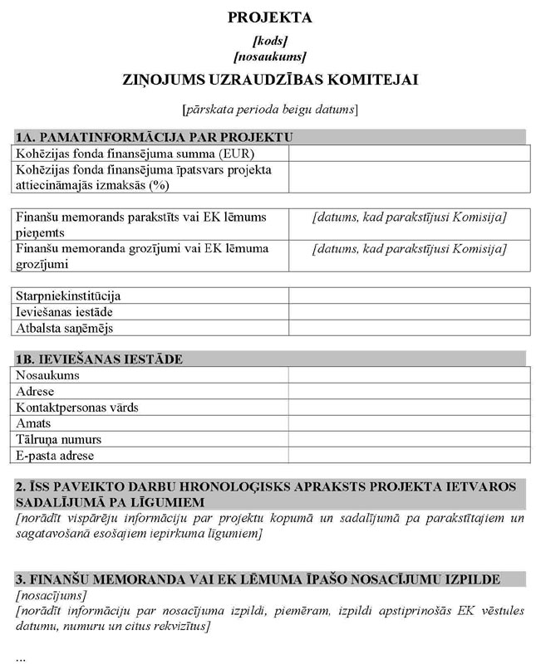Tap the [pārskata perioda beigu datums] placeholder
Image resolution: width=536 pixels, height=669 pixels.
pos(269,109)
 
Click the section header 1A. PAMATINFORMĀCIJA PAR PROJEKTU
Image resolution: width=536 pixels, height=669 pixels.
pos(155,137)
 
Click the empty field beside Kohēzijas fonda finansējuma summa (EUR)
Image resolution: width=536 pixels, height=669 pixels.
pos(409,154)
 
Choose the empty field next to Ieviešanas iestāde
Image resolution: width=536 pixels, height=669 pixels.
pos(409,312)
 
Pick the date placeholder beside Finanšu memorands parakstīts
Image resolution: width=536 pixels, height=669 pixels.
pos(409,217)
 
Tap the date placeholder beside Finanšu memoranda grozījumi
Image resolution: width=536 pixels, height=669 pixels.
pos(409,249)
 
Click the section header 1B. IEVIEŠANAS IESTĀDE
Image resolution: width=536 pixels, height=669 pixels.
pos(99,359)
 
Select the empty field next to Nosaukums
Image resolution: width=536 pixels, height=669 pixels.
pos(409,375)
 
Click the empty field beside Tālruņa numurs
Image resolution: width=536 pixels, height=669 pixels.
pos(409,439)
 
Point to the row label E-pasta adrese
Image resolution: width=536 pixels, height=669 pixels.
pos(55,456)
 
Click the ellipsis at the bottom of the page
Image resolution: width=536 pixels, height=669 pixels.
pos(20,657)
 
